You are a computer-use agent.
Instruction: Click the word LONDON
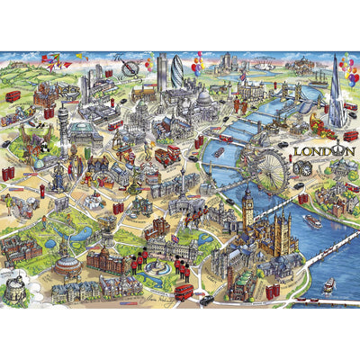click(x=315, y=151)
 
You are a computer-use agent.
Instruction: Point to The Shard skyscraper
click(x=336, y=90)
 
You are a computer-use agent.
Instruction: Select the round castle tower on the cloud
click(x=15, y=286)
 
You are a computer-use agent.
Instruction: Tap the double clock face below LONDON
click(x=303, y=167)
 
